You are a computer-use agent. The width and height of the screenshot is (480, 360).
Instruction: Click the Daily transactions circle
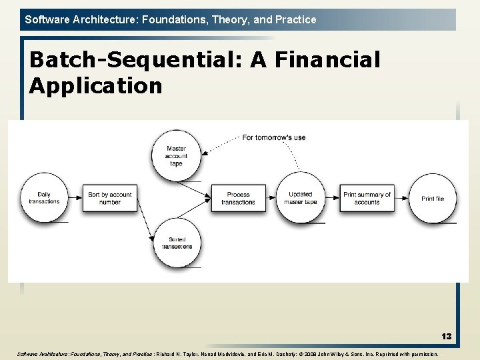pyautogui.click(x=44, y=198)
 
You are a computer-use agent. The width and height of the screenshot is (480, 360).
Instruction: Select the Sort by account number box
pyautogui.click(x=110, y=198)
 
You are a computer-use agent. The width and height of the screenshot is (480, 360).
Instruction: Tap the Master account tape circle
pyautogui.click(x=176, y=156)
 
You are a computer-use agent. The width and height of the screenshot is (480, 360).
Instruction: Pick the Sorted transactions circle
pyautogui.click(x=177, y=243)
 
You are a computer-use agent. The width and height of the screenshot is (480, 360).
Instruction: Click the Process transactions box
pyautogui.click(x=238, y=198)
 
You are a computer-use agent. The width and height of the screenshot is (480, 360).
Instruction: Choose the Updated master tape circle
pyautogui.click(x=301, y=198)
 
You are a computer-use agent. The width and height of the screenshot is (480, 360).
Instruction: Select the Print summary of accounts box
pyautogui.click(x=367, y=198)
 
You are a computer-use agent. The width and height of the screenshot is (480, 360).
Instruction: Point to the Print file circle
pyautogui.click(x=432, y=198)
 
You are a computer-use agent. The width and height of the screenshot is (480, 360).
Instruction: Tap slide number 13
pyautogui.click(x=446, y=337)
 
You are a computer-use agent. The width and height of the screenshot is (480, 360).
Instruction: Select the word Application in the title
pyautogui.click(x=95, y=85)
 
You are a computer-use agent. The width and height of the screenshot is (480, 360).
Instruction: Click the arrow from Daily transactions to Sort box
pyautogui.click(x=75, y=198)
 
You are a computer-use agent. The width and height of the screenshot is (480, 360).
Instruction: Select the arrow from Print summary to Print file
pyautogui.click(x=401, y=198)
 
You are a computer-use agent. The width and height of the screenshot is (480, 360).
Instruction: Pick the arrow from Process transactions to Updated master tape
pyautogui.click(x=270, y=198)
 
